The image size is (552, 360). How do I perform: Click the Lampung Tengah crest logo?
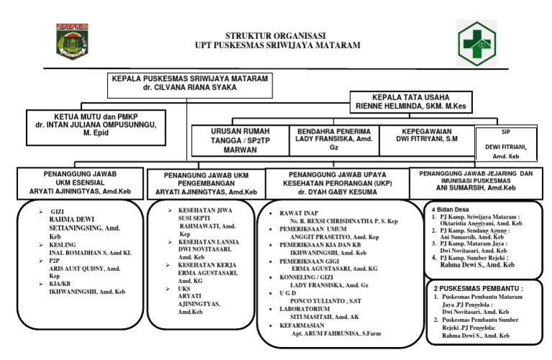(71, 41)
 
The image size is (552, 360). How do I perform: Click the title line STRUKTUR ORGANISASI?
(276, 35)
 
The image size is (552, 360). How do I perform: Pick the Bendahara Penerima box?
(333, 139)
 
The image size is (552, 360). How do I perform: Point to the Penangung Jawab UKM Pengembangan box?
(205, 183)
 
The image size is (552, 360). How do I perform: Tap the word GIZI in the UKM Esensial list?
(57, 213)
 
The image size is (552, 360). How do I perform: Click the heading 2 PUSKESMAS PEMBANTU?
(478, 287)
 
